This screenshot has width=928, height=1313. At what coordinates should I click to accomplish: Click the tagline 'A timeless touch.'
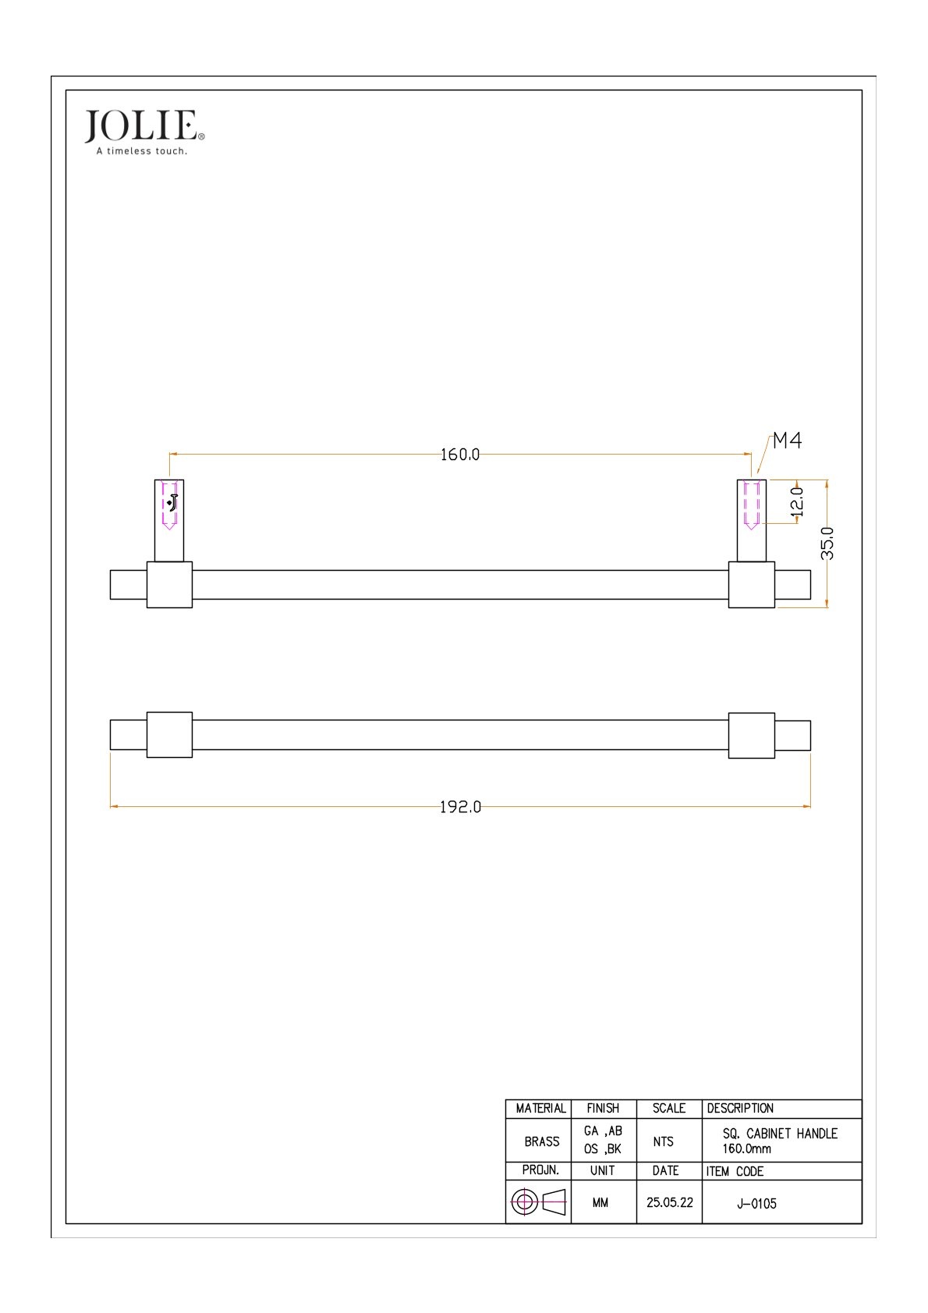coord(142,151)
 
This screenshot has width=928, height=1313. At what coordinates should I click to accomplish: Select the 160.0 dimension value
coord(459,455)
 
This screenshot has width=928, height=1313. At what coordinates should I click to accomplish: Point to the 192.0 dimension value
coord(460,807)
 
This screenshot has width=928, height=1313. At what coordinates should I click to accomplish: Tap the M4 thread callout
coord(787,441)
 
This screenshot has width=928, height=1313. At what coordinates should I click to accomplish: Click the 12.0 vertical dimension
coord(797,502)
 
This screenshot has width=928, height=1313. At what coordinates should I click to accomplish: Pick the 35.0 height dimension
coord(827,543)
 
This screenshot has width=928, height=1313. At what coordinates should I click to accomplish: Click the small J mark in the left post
coord(172,502)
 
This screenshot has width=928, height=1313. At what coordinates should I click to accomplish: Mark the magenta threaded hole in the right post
coord(751,504)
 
